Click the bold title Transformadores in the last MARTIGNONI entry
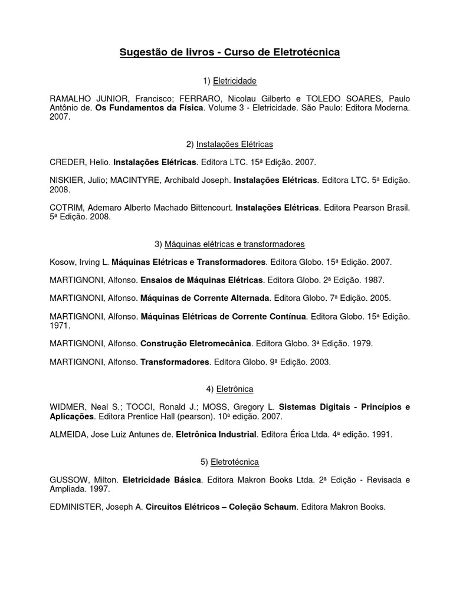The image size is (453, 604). point(175,362)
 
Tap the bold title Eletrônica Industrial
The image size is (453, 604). point(215,435)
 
